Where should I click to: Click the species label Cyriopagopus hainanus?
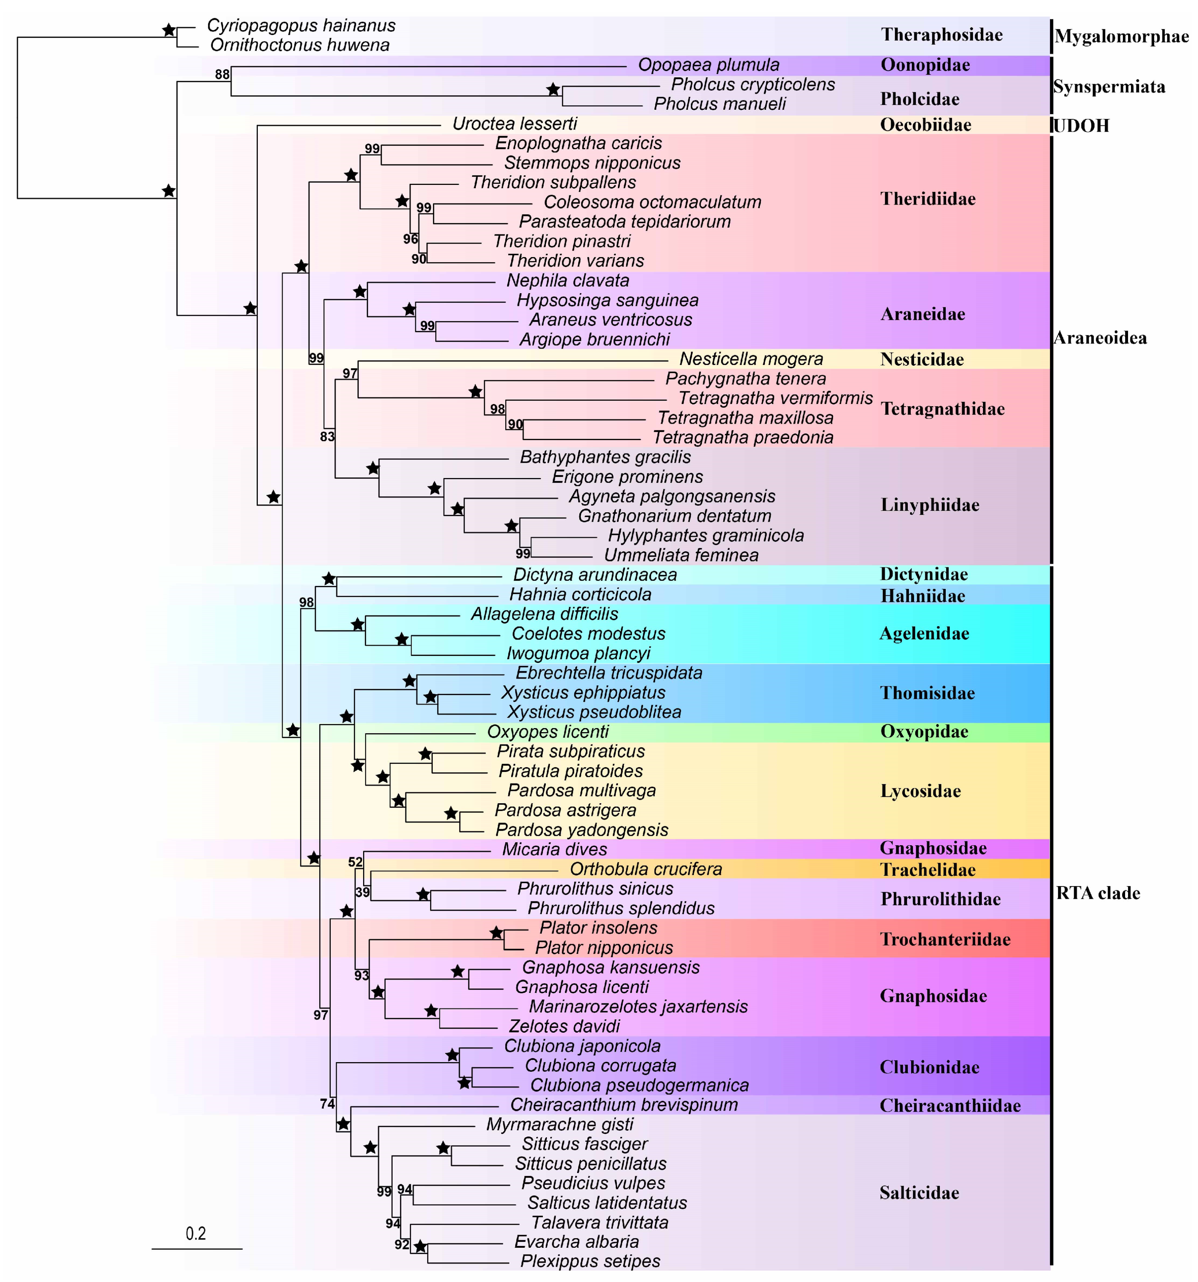click(x=301, y=26)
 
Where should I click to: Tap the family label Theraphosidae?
click(x=941, y=35)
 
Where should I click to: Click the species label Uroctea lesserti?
click(x=515, y=124)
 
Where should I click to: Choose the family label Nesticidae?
click(x=922, y=360)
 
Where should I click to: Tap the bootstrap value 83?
click(x=327, y=437)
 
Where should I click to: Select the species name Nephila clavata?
click(x=567, y=281)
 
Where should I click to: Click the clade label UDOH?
click(x=1081, y=126)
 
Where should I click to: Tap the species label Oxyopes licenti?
click(x=547, y=732)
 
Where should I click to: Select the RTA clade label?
click(x=1098, y=893)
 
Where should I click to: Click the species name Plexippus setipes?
click(x=590, y=1262)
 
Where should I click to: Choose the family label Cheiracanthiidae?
click(x=950, y=1106)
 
